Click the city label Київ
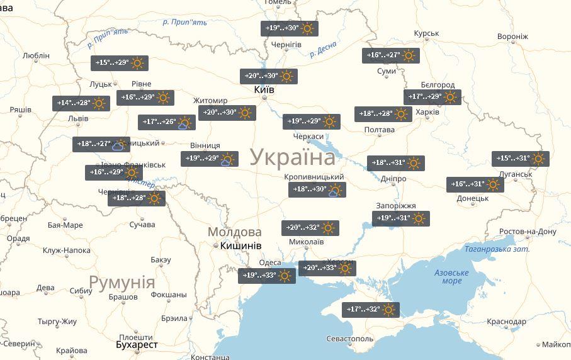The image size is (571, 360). click(263, 90)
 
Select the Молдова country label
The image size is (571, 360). click(234, 232)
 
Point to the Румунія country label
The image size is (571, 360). click(122, 282)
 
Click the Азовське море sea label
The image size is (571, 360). click(451, 276)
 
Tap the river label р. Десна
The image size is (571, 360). click(323, 49)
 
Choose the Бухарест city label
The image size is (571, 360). click(137, 345)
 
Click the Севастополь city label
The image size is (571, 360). click(351, 339)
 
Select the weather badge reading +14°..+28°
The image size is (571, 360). click(81, 103)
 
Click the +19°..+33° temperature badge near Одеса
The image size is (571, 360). click(267, 276)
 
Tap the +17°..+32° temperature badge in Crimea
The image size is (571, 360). click(371, 310)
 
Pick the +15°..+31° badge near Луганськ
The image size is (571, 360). click(520, 159)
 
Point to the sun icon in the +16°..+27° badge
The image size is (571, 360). click(409, 56)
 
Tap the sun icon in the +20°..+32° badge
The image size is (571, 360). click(328, 228)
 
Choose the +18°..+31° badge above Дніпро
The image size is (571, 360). click(396, 163)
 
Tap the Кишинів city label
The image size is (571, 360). click(240, 245)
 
